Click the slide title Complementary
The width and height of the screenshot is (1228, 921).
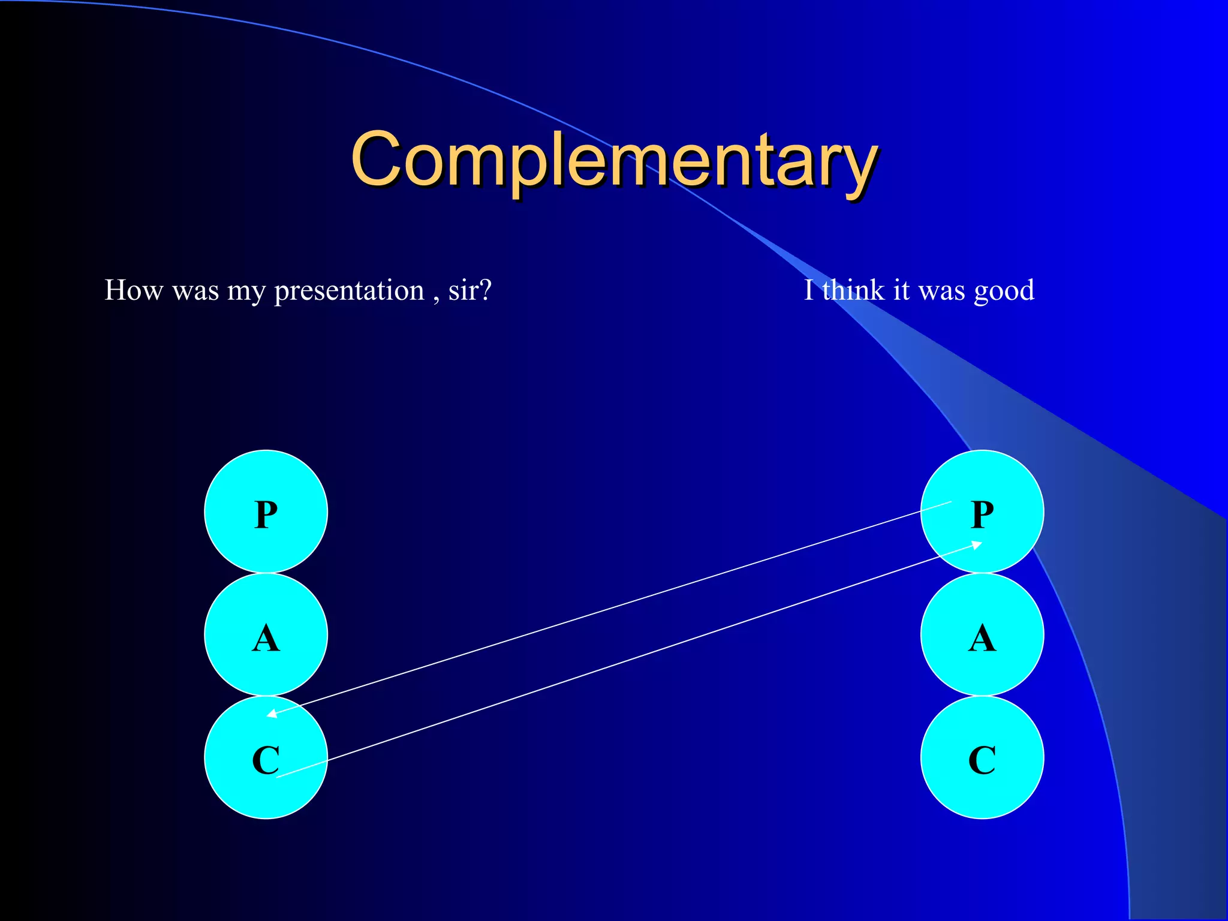tap(614, 161)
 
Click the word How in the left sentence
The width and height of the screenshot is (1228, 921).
tap(133, 290)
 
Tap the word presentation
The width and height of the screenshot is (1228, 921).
tap(349, 291)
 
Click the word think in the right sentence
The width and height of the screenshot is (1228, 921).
tap(853, 290)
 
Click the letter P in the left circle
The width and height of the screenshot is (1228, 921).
tap(266, 515)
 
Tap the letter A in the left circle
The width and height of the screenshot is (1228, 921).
tap(266, 638)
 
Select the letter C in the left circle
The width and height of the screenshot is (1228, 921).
tap(266, 760)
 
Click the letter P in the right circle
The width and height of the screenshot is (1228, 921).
tap(982, 515)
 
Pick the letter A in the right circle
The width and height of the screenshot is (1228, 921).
tap(982, 638)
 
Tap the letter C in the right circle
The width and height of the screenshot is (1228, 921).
tap(982, 760)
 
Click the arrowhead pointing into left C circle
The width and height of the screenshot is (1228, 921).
tap(272, 714)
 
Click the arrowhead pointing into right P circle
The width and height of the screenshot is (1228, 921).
tap(976, 544)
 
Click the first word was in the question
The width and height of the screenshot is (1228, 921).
tap(195, 291)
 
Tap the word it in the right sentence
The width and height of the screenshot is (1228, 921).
tap(901, 290)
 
